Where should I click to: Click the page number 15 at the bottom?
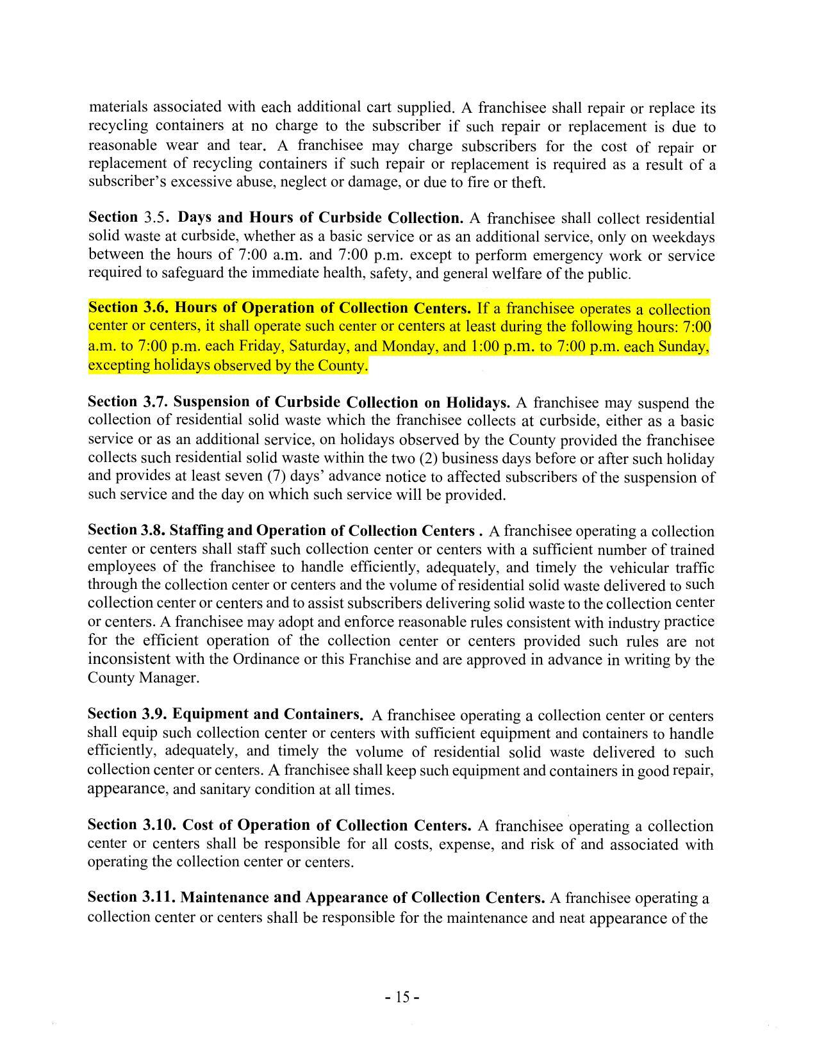402,997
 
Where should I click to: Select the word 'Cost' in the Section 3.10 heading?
198,825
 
